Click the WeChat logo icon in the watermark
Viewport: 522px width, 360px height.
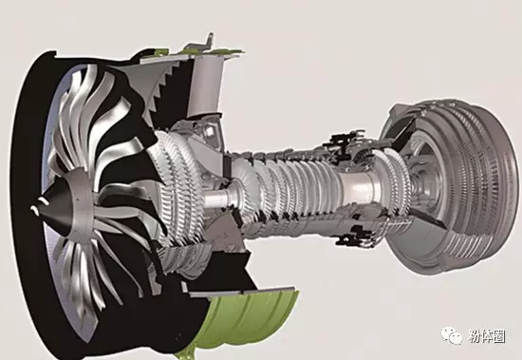point(452,335)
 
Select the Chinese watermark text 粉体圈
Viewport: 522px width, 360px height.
point(487,336)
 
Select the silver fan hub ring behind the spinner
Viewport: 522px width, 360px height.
point(80,200)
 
